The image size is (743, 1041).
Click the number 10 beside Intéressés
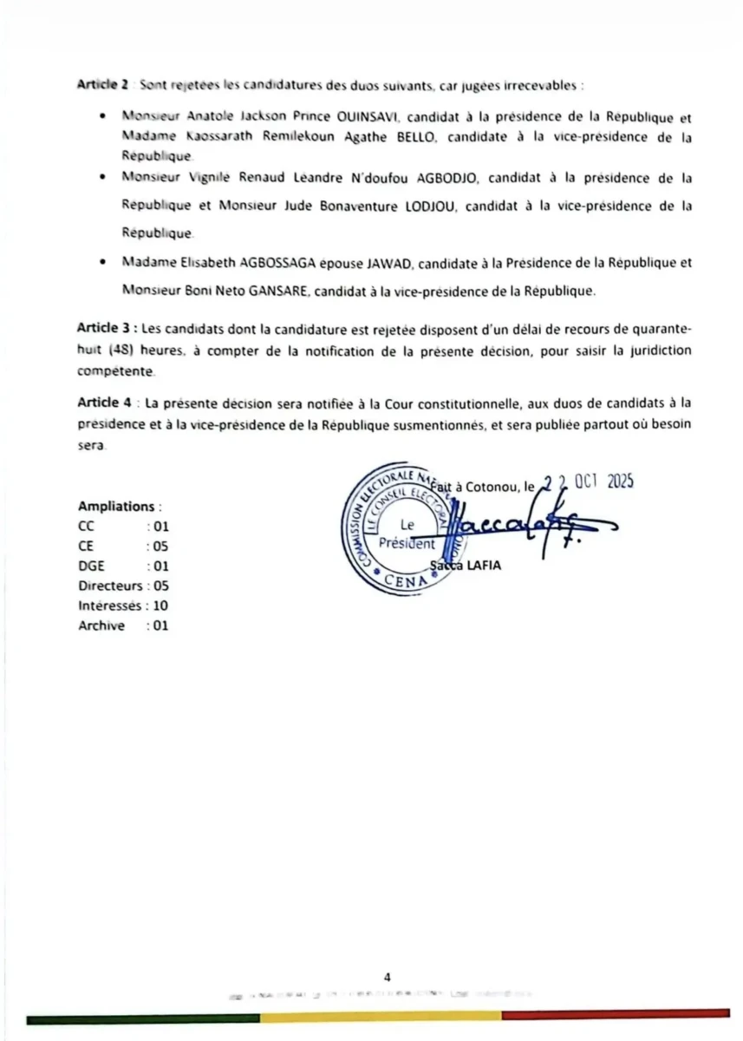[x=160, y=606]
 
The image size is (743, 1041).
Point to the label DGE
[x=91, y=566]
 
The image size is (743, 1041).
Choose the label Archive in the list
[x=101, y=625]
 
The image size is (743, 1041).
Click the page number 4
[x=388, y=978]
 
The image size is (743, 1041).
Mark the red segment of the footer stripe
[x=616, y=1014]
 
